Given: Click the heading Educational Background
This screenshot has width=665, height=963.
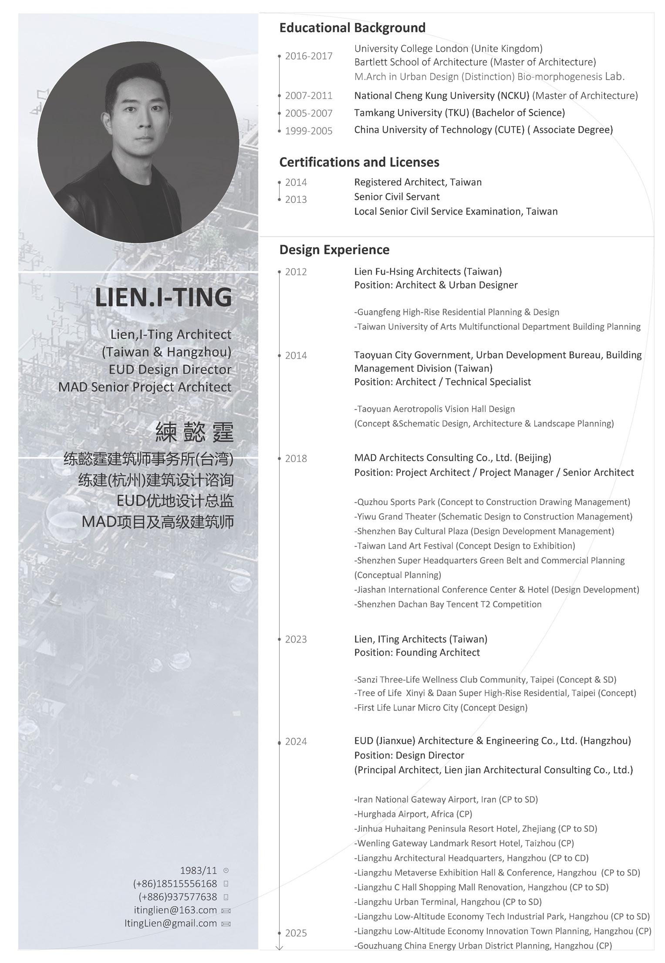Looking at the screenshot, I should (x=352, y=28).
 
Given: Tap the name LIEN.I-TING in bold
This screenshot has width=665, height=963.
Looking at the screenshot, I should (x=163, y=297).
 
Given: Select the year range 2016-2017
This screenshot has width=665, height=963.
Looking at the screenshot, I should (x=308, y=56).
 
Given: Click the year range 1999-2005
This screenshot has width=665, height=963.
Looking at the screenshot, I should (x=308, y=131).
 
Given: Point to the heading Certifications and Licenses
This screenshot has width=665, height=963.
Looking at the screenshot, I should (x=359, y=162).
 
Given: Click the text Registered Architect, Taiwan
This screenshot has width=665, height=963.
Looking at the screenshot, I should (x=418, y=182).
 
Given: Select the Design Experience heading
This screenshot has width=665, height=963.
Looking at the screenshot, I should (x=334, y=250).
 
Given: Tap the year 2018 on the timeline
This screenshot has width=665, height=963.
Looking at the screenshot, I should (x=296, y=458).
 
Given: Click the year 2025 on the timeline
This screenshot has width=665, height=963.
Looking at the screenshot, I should (x=296, y=933).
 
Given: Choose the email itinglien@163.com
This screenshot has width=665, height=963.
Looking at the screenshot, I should (x=175, y=910).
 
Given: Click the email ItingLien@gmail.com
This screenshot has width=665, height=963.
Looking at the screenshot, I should (x=170, y=923).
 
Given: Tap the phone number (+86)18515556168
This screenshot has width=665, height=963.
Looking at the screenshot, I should (x=175, y=883).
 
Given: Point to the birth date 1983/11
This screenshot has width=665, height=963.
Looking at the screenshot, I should (x=198, y=870).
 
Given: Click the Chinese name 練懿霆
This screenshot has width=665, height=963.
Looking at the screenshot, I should (x=194, y=432).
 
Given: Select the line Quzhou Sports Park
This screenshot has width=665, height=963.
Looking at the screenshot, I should (x=492, y=502).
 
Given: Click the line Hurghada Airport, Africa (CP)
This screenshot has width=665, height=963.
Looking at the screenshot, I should (x=413, y=814).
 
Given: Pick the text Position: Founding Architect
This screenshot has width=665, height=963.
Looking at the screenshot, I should (x=417, y=652).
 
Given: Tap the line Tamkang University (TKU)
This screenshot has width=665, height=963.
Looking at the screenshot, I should (x=459, y=113).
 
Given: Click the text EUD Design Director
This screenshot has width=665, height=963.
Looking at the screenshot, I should (x=170, y=369).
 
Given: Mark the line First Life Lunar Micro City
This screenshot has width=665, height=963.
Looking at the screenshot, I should (x=440, y=707).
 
